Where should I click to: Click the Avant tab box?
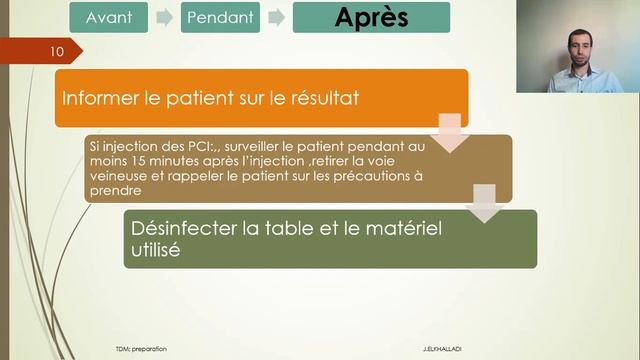(108, 17)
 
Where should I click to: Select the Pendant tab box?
(220, 17)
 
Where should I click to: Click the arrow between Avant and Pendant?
(163, 17)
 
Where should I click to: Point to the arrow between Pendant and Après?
(276, 17)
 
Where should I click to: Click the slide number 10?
(56, 49)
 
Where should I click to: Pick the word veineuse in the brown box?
(119, 177)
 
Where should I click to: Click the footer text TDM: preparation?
(141, 348)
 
